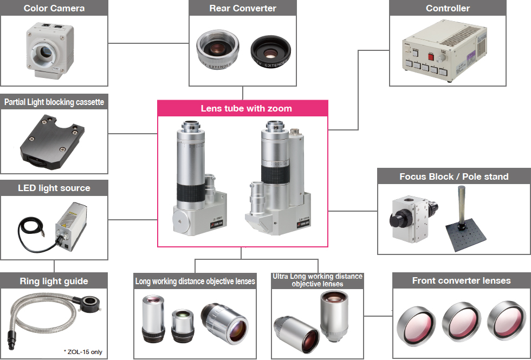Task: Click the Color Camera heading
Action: coord(54,8)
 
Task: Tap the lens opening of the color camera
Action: coord(46,51)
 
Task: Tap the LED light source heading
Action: coord(54,188)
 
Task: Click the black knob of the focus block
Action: coord(398,219)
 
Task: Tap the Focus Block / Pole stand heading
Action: coord(454,176)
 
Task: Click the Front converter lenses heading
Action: coord(461,280)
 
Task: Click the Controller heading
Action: coord(448,8)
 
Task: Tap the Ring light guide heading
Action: coord(54,281)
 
